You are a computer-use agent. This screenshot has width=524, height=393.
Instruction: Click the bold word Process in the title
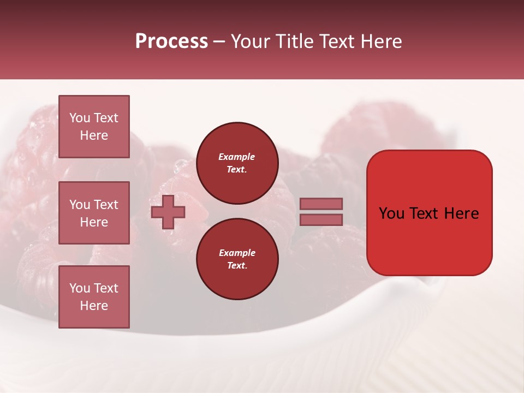coord(171,41)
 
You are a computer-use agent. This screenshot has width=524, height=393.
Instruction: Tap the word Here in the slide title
coord(380,41)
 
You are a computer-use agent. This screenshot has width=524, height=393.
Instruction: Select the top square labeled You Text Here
coord(94,127)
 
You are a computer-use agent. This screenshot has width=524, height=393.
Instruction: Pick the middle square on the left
coord(94,213)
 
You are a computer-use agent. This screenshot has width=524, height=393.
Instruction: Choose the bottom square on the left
coord(94,297)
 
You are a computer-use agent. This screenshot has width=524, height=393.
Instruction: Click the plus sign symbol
coord(168,212)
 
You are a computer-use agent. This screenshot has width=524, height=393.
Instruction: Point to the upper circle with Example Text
coord(237,163)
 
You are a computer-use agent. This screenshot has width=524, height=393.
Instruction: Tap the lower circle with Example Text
coord(237,259)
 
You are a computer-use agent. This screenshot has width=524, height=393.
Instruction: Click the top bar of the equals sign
coord(321,204)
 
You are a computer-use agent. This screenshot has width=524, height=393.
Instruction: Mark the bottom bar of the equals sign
coord(321,220)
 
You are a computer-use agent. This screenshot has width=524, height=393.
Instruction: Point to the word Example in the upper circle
coord(237,157)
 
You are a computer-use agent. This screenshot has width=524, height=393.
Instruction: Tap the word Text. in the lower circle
coord(237,266)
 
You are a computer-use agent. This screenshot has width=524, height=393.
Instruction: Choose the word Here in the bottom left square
coord(94,306)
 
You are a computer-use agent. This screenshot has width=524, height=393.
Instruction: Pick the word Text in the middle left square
coord(106,205)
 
